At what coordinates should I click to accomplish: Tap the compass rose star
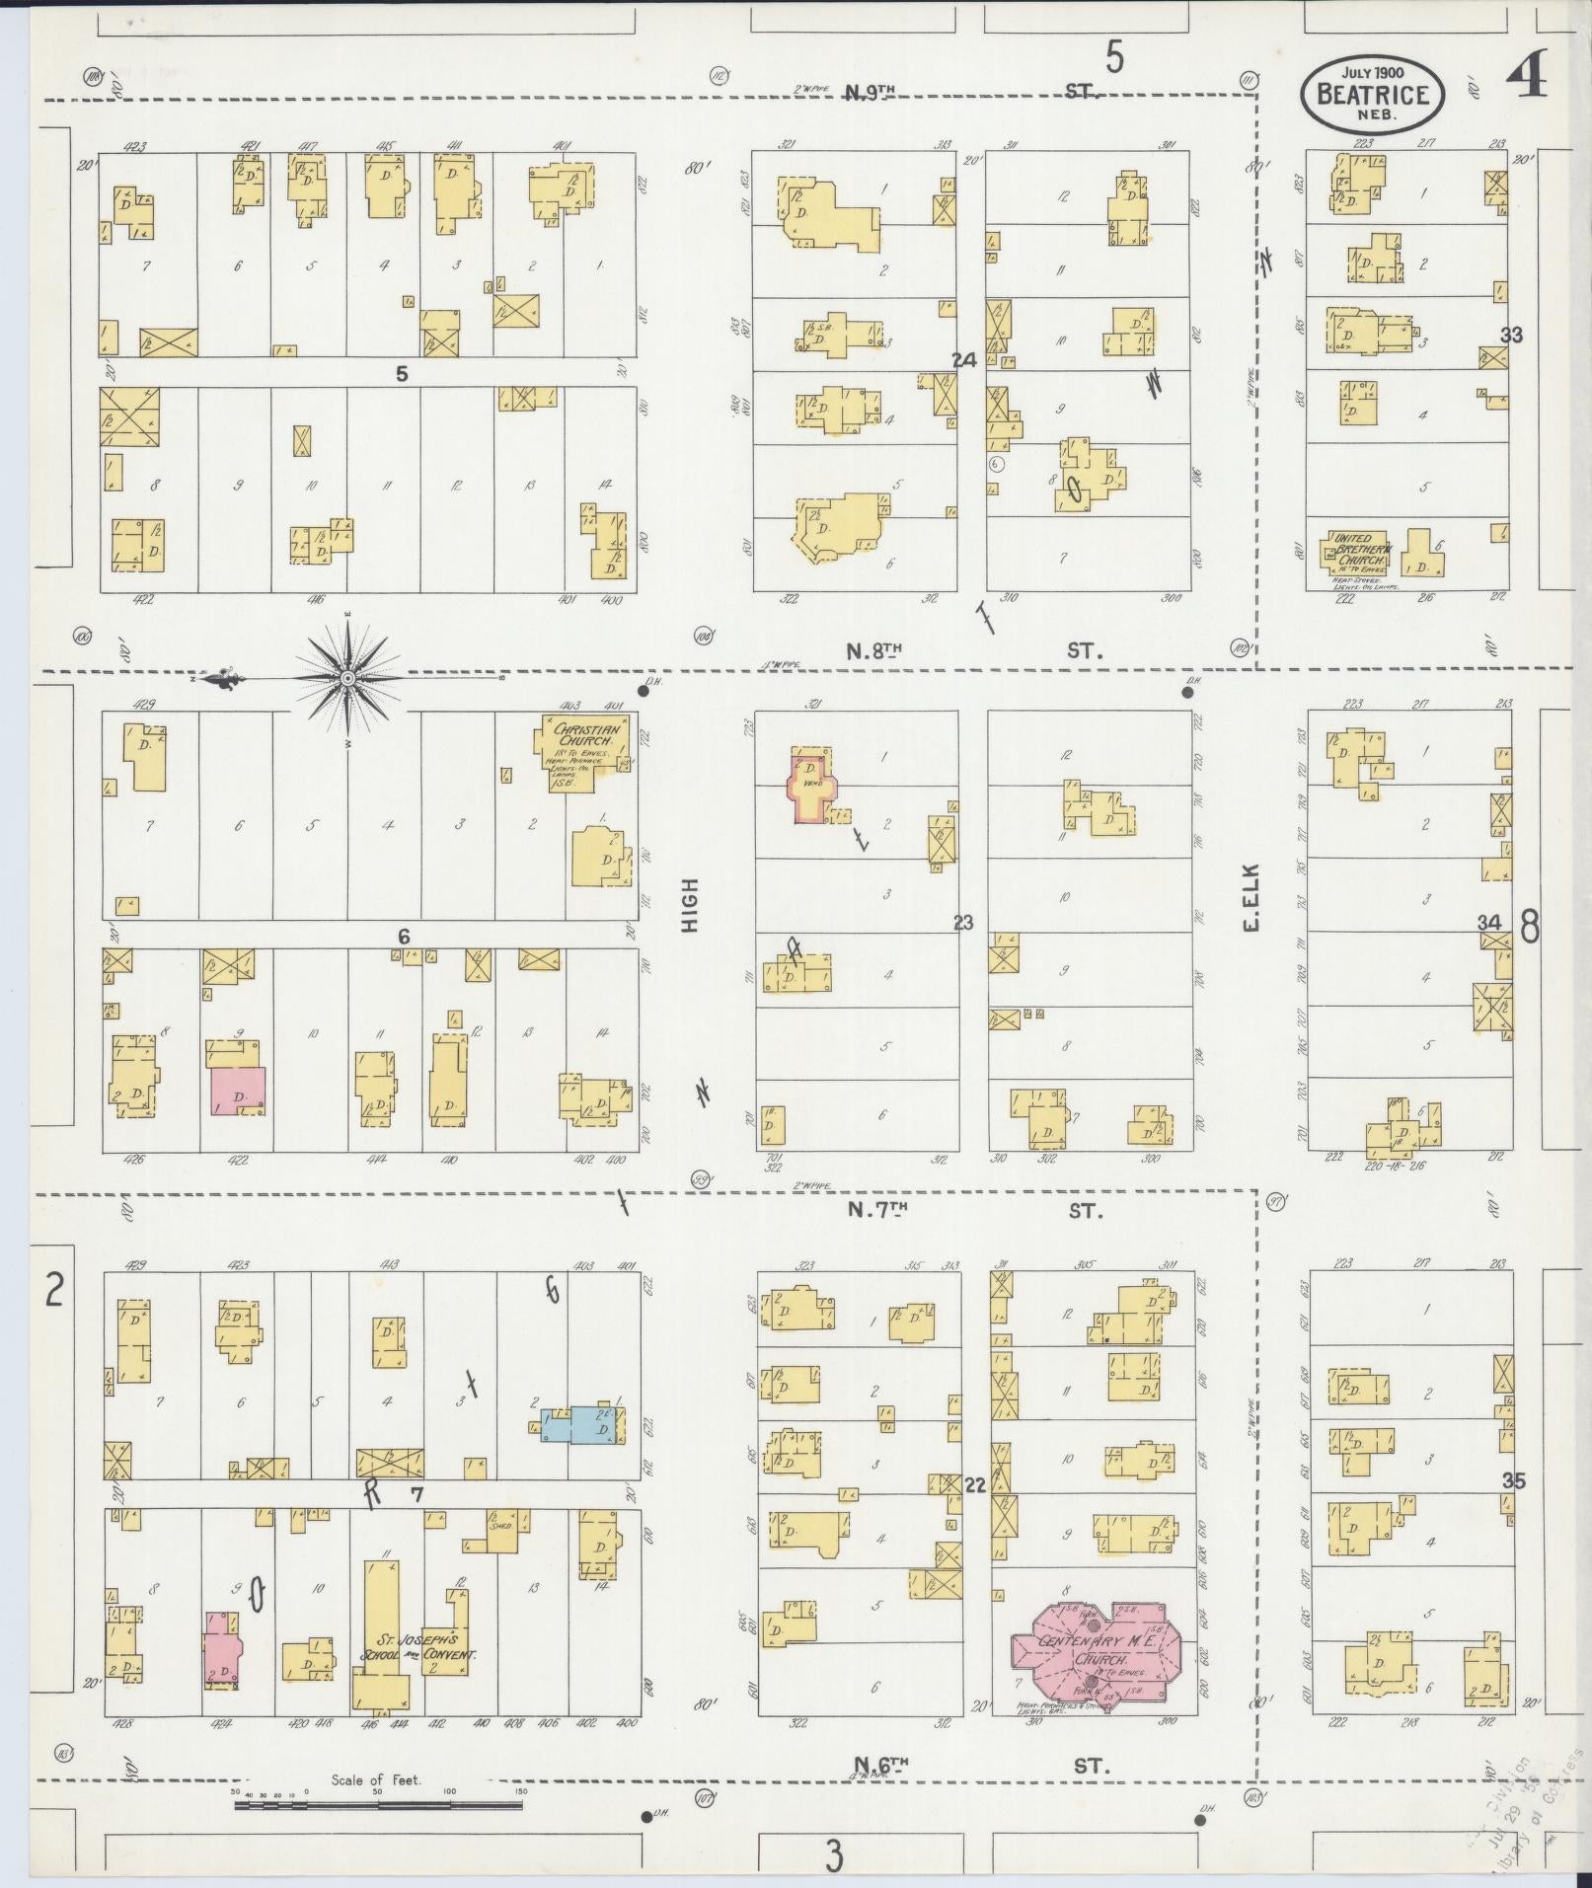(x=347, y=679)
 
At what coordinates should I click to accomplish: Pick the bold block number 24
(x=963, y=360)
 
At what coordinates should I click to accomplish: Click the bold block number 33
(x=1510, y=335)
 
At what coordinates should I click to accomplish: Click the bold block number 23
(x=963, y=923)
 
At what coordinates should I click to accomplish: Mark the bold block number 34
(x=1489, y=922)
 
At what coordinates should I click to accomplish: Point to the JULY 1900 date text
(x=1373, y=72)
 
